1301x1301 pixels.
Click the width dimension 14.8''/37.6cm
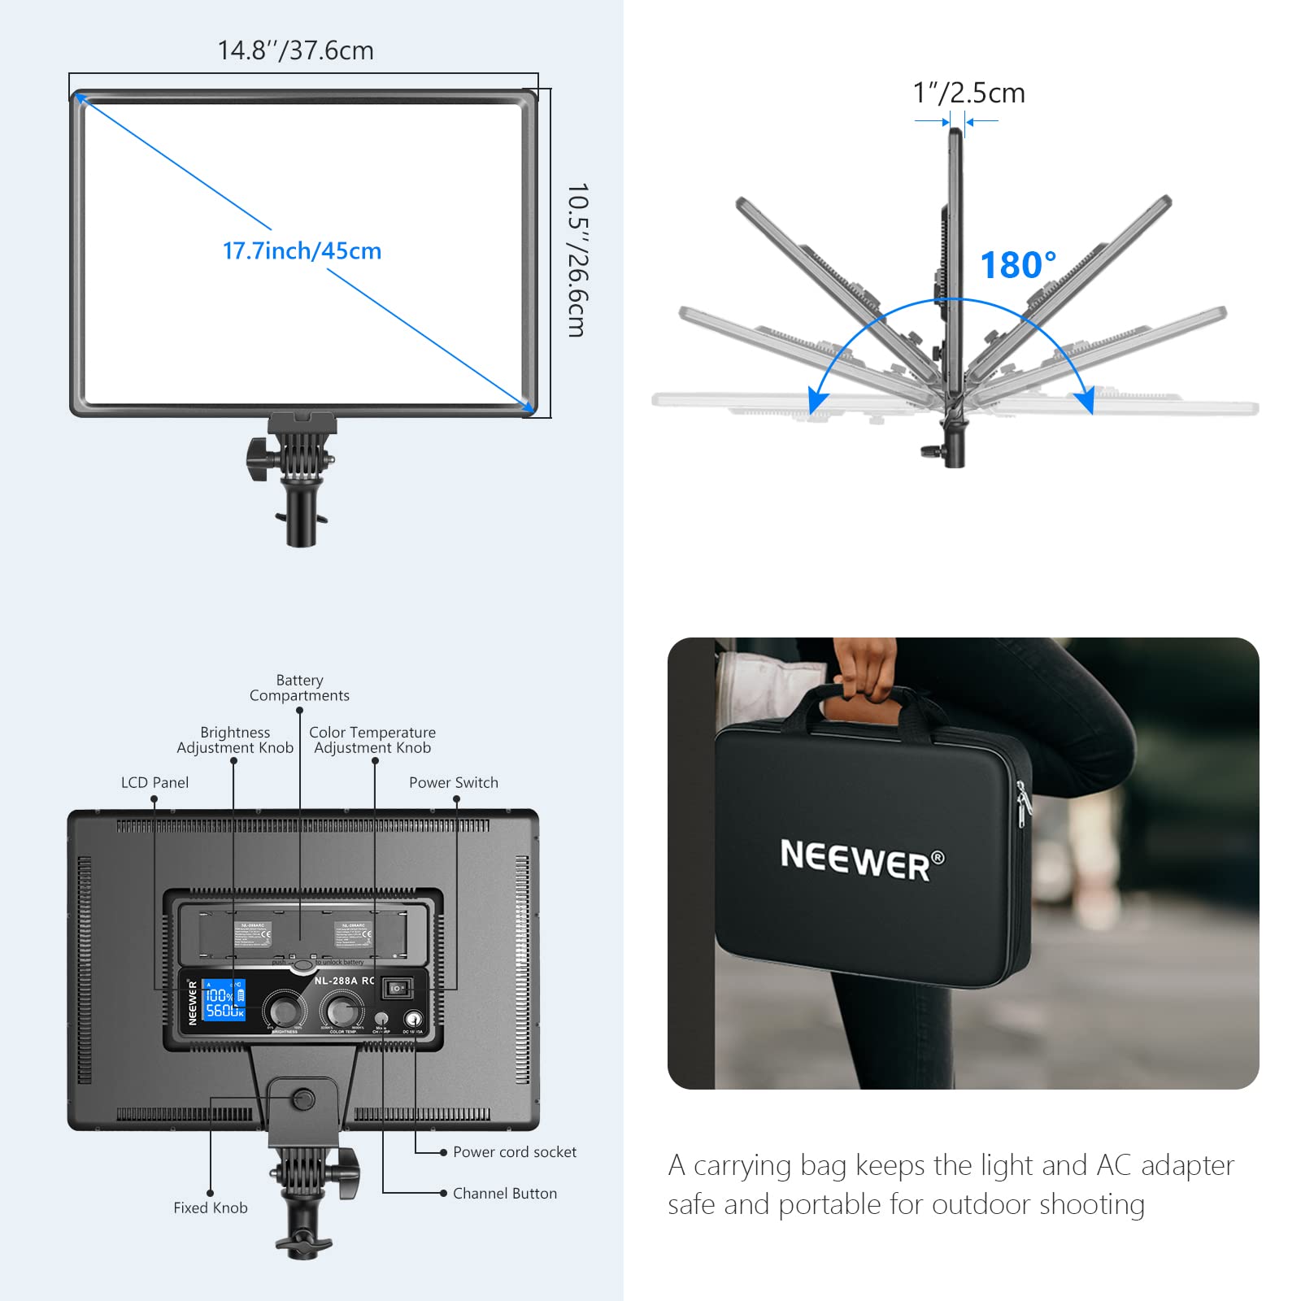click(x=295, y=50)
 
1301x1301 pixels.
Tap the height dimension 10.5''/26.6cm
click(x=577, y=259)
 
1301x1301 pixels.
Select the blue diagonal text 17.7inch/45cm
click(x=302, y=250)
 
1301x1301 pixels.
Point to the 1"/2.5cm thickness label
click(x=968, y=93)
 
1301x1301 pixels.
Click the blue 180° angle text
click(x=1017, y=265)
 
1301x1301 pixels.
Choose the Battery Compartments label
click(x=299, y=688)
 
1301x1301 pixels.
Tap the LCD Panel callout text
click(x=154, y=782)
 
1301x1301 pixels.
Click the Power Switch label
click(x=453, y=782)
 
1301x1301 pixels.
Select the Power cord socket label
click(x=514, y=1151)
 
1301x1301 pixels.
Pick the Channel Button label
click(x=504, y=1193)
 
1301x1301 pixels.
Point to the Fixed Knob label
click(x=210, y=1207)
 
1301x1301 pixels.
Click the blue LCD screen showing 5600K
click(x=224, y=1000)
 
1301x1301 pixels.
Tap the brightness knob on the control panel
click(x=284, y=1011)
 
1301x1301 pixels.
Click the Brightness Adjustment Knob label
click(x=235, y=740)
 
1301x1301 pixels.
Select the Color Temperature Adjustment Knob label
click(x=372, y=740)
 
